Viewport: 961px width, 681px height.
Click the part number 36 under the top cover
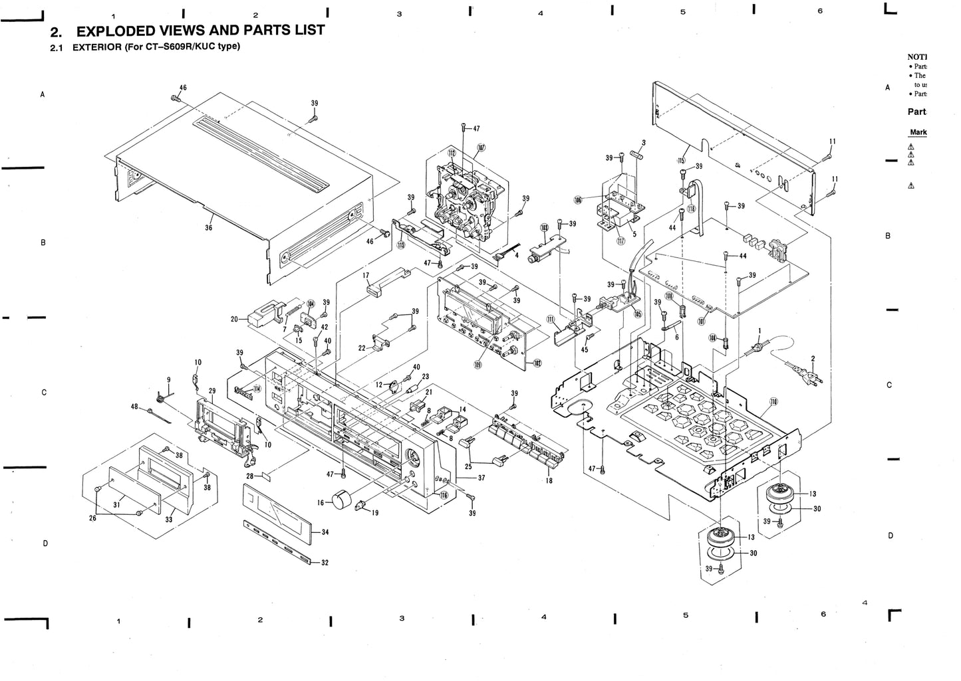tap(209, 227)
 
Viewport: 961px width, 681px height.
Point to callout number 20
tap(235, 319)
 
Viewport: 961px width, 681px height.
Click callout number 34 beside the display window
tap(325, 533)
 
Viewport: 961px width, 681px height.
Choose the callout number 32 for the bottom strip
tap(325, 563)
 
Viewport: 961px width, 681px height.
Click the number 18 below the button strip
tap(549, 480)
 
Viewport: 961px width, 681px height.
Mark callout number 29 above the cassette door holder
tap(212, 391)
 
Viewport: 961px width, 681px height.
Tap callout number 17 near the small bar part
tap(366, 274)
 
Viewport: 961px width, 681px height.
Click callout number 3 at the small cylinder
tap(644, 143)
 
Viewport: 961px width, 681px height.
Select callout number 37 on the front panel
tap(481, 478)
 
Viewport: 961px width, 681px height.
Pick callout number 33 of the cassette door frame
tap(168, 520)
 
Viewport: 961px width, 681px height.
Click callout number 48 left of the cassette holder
tap(134, 407)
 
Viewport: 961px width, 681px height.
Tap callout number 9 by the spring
tap(169, 379)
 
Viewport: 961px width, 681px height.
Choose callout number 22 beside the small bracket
tap(361, 348)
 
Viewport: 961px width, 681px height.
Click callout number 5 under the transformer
tap(634, 234)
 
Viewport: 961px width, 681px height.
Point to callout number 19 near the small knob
tap(375, 512)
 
